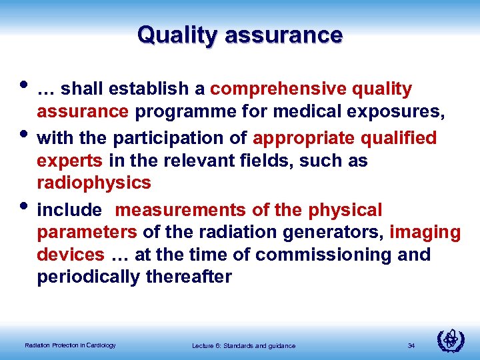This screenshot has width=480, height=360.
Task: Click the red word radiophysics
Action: (x=94, y=183)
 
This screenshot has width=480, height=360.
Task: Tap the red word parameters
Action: (x=87, y=233)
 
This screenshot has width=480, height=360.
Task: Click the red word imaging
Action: (x=425, y=233)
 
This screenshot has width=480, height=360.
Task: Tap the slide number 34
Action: (x=411, y=345)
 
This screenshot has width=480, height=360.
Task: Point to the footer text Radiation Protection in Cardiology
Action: (x=70, y=345)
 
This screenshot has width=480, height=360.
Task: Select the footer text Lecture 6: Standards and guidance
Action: (x=243, y=345)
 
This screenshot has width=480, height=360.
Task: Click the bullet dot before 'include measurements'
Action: (x=25, y=203)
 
